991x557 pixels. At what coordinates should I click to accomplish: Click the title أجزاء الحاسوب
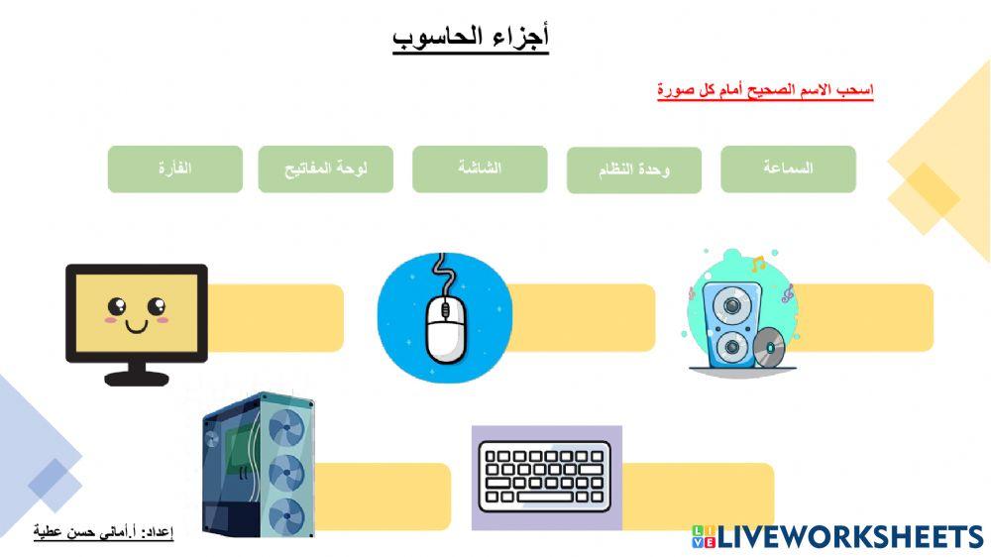point(471,37)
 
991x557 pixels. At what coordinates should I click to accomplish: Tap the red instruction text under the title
point(764,90)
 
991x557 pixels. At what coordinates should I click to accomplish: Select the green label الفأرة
point(174,168)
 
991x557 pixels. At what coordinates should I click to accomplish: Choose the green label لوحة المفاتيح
point(325,168)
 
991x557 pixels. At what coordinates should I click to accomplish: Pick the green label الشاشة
point(480,168)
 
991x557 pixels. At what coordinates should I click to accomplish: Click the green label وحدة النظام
point(634,170)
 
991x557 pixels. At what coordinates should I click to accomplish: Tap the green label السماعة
point(788,168)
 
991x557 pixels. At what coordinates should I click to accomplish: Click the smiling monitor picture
point(136,322)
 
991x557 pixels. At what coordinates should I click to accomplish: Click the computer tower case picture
point(259,463)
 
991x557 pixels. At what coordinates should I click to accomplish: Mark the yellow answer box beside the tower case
point(383,497)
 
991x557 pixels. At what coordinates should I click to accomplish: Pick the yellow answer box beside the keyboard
point(698,496)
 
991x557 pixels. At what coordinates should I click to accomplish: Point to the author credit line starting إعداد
point(103,533)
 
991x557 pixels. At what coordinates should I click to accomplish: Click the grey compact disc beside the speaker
point(768,348)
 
